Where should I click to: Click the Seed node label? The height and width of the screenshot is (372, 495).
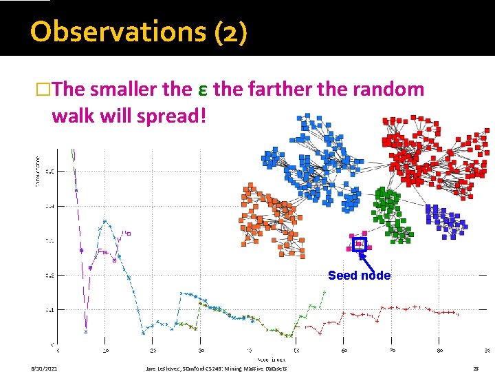pos(359,276)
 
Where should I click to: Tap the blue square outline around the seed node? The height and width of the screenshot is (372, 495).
pos(358,243)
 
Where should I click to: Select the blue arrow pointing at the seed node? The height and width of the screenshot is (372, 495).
pos(365,259)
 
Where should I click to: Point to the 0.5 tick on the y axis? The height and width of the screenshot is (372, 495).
pos(50,171)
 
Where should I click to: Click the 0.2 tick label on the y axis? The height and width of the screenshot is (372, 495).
pos(50,275)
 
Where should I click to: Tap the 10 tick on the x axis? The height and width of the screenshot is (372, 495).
pos(104,351)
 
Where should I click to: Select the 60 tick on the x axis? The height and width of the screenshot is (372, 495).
pos(344,351)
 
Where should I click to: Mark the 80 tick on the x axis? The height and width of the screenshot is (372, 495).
pos(439,351)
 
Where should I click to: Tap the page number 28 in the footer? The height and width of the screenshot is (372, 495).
pos(475,369)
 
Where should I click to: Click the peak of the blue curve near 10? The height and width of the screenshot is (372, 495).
pos(104,222)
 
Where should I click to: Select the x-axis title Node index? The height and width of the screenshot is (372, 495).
pos(272,360)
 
